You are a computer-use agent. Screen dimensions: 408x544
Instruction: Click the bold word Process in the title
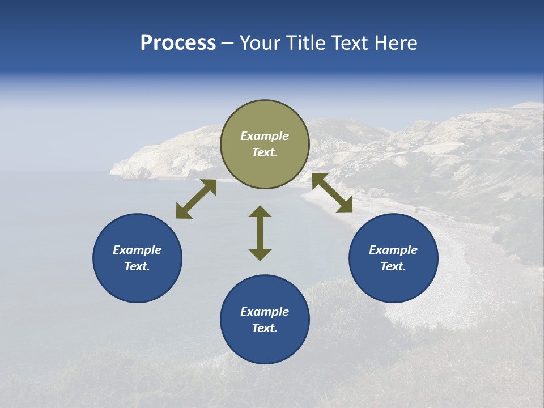point(178,43)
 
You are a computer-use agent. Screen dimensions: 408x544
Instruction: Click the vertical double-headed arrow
point(260,233)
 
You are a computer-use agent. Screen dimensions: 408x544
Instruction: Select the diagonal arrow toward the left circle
point(196,199)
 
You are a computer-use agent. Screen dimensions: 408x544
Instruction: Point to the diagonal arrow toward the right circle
point(332,193)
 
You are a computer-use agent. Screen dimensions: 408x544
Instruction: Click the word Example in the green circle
point(265,136)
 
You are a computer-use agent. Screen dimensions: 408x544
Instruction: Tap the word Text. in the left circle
point(137,266)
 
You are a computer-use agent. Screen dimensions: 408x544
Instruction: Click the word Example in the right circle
point(393,250)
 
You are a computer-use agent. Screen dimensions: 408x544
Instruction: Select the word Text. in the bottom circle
point(265,328)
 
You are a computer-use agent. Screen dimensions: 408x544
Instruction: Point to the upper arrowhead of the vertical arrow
point(260,211)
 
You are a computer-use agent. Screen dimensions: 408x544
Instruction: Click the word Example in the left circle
point(137,250)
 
